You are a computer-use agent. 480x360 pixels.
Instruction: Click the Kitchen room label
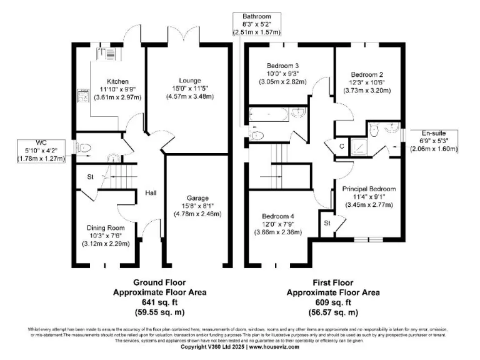point(117,82)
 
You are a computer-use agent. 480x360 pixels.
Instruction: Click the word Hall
point(151,192)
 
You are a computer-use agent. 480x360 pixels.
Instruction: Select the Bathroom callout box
point(257,24)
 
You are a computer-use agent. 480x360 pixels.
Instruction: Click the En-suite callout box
point(434,141)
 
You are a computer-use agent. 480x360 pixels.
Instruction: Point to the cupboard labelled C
point(342,146)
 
